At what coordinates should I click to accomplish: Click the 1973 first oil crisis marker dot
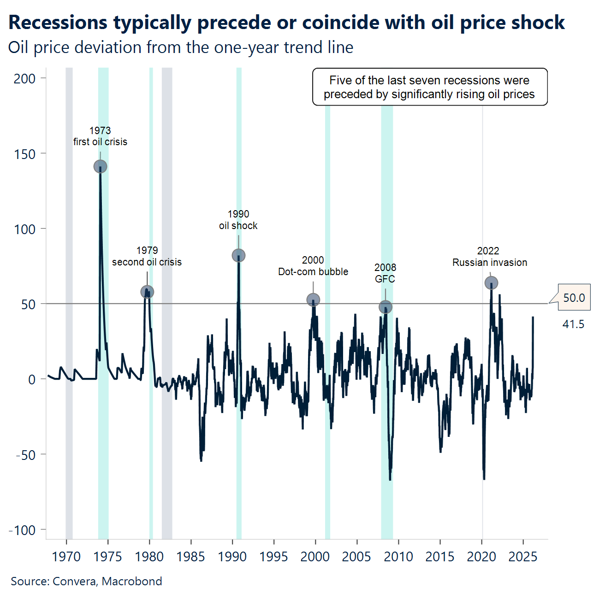(x=100, y=166)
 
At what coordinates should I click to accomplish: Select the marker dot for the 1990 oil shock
(x=238, y=255)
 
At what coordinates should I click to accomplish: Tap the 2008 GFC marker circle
(x=385, y=307)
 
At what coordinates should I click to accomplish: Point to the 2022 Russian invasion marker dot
(x=492, y=282)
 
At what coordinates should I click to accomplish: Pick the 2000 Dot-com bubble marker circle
(x=313, y=300)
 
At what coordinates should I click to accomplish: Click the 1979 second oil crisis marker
(x=147, y=292)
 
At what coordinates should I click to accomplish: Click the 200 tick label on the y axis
(x=24, y=79)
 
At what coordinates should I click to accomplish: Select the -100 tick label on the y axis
(x=22, y=530)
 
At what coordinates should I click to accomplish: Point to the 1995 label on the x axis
(x=273, y=557)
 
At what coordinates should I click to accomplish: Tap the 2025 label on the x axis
(x=522, y=557)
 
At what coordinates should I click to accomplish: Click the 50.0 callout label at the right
(x=574, y=298)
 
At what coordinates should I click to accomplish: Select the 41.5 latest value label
(x=573, y=324)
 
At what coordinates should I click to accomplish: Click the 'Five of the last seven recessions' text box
(x=429, y=87)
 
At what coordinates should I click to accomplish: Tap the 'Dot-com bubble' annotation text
(x=313, y=272)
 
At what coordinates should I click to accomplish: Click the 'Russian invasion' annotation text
(x=490, y=263)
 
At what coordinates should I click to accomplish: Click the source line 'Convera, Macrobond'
(x=107, y=581)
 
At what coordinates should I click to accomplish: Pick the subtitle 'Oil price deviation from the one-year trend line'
(x=181, y=47)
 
